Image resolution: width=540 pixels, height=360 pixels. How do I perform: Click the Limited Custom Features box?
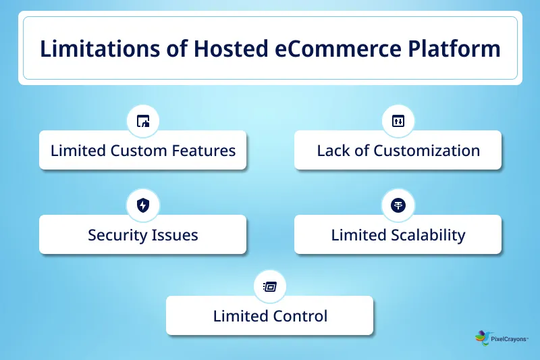click(x=143, y=150)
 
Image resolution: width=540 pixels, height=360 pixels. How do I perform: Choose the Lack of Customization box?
click(x=398, y=150)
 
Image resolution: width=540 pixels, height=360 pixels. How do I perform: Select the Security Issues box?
click(x=143, y=235)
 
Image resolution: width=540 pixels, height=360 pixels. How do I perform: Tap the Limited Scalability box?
click(x=398, y=235)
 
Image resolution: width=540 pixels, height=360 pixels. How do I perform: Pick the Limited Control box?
click(x=270, y=315)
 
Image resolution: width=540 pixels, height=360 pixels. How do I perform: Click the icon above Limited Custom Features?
click(x=143, y=122)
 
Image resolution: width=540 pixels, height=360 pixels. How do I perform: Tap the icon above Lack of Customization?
click(x=398, y=122)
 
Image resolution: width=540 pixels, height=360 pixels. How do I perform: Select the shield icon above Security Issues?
click(x=143, y=206)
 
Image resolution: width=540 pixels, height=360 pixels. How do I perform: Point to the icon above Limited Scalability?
click(x=398, y=206)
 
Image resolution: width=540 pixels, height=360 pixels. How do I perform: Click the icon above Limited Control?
click(x=270, y=286)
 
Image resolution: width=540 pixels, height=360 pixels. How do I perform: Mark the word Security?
click(x=115, y=235)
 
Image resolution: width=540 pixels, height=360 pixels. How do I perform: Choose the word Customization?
click(x=427, y=150)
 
